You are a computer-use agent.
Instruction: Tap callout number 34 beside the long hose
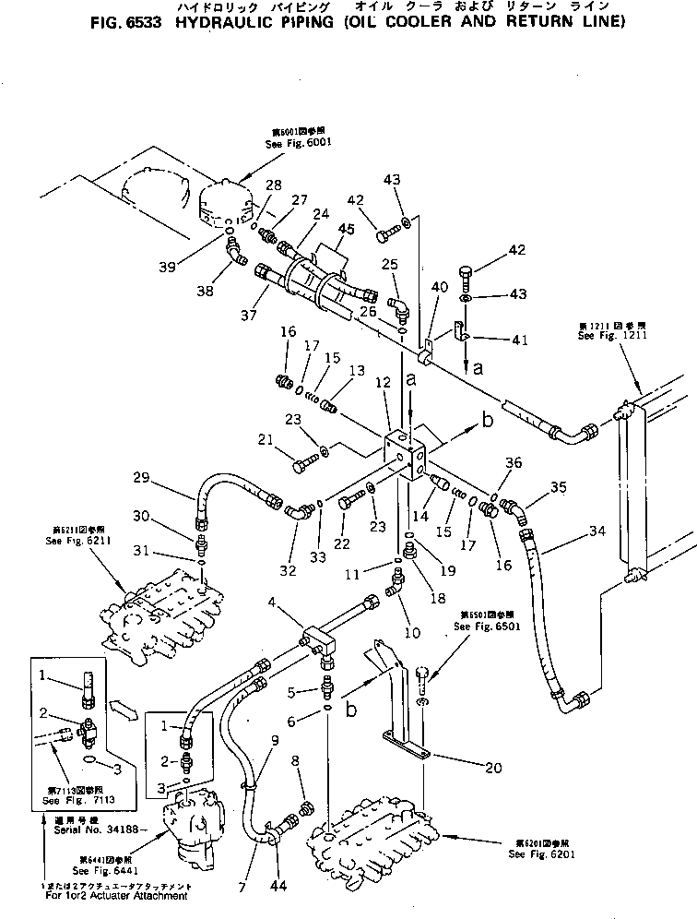[597, 531]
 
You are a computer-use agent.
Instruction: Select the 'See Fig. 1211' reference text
[602, 336]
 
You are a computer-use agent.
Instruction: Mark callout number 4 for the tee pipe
[272, 603]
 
